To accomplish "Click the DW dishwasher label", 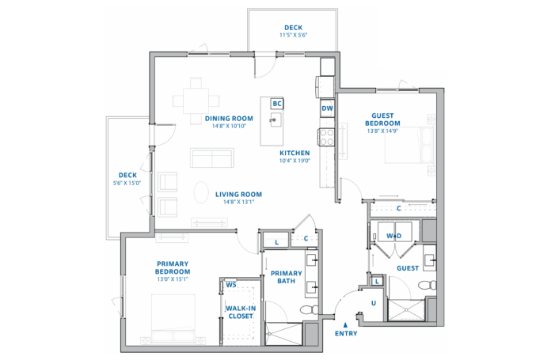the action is click(x=327, y=108).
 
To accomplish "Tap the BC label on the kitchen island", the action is click(x=277, y=104).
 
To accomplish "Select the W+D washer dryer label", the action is click(x=394, y=236).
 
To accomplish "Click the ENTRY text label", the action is click(x=346, y=334).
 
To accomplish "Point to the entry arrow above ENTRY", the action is click(x=346, y=325).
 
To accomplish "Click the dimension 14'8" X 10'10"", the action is click(x=229, y=126).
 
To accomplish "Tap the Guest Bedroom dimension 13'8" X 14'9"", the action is click(x=382, y=131).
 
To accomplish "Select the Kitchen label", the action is click(x=294, y=153).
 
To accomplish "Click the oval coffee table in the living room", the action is click(x=201, y=192).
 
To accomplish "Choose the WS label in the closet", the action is click(x=231, y=285).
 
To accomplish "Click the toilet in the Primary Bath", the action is click(x=310, y=310).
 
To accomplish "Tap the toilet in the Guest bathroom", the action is click(x=427, y=285).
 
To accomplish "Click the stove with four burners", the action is click(x=326, y=137).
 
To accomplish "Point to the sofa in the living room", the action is click(x=212, y=158).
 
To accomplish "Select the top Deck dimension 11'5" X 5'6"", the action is click(x=294, y=35).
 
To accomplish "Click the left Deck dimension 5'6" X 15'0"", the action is click(x=127, y=183).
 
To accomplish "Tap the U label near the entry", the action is click(x=374, y=303).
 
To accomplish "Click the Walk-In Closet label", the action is click(x=241, y=313).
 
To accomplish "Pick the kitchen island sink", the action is click(x=275, y=120).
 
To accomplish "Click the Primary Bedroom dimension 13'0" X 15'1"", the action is click(x=173, y=279).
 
